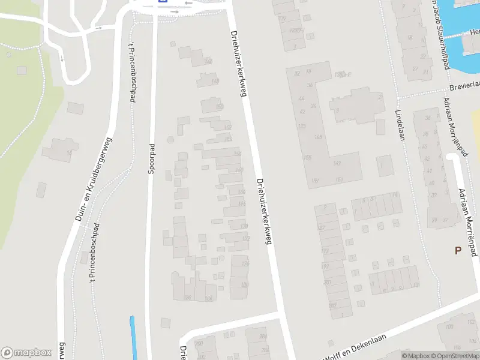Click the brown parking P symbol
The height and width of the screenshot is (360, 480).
point(458,251)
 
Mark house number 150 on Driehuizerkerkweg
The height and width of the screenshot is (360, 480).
point(218,107)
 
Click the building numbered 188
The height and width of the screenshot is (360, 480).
point(187,297)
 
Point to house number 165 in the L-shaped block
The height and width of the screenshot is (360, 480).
point(307,158)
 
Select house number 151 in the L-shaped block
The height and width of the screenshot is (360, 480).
point(339,179)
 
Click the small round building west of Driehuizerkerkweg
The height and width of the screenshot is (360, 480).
point(170,139)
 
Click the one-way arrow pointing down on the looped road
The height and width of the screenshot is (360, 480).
point(62,58)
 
